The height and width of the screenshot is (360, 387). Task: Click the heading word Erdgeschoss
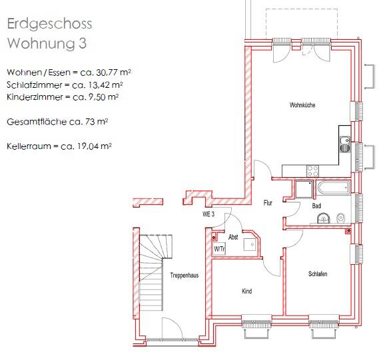tap(49, 24)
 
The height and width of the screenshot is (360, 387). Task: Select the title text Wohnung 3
tap(47, 44)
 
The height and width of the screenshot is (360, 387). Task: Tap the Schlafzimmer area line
tap(64, 85)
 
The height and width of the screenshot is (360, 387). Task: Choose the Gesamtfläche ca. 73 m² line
tap(57, 122)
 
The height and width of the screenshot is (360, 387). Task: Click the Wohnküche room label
tap(302, 106)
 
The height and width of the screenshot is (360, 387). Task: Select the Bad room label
tap(316, 206)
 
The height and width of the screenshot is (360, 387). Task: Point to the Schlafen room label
tap(318, 274)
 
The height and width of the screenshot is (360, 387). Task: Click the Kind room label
tap(247, 291)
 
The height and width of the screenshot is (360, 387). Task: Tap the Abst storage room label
tap(233, 237)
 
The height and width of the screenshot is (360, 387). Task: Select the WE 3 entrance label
tap(208, 214)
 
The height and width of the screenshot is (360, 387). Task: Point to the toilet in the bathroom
tap(340, 217)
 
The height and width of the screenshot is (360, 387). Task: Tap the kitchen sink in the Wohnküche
tap(345, 141)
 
